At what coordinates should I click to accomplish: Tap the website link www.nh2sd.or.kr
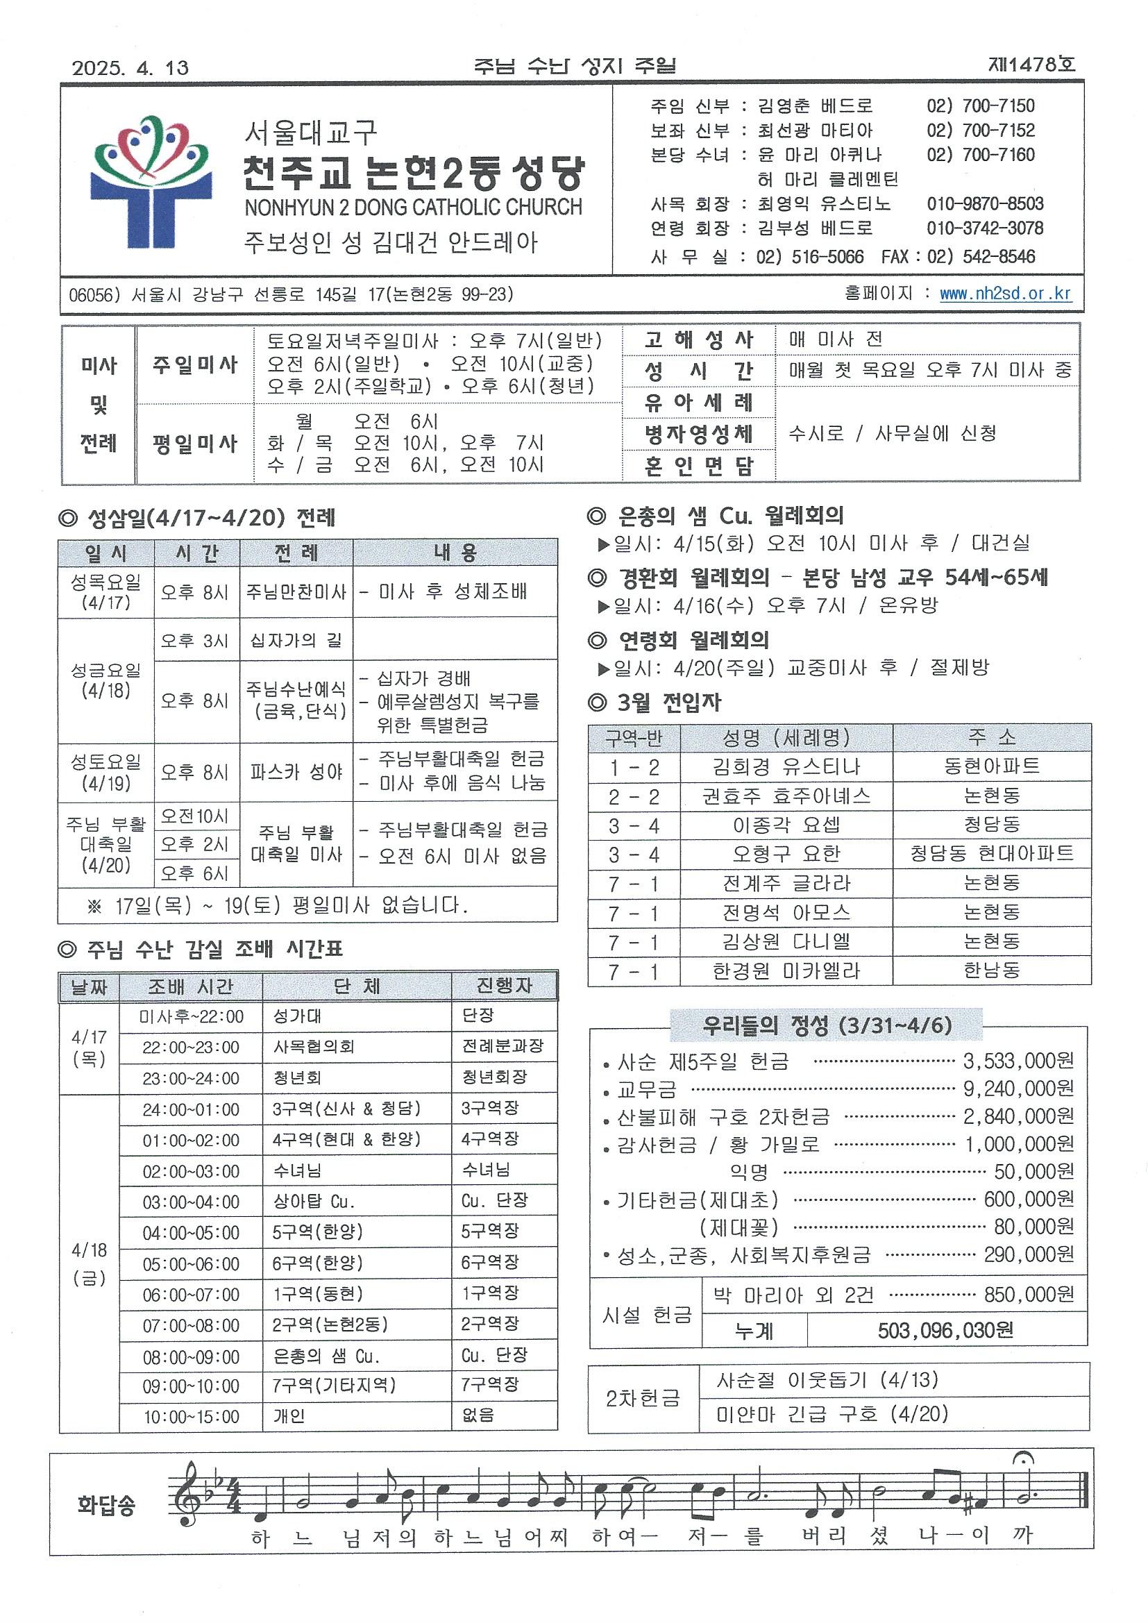click(x=1004, y=294)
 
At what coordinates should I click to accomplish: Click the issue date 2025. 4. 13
click(x=130, y=68)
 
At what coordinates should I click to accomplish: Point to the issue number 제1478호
click(x=1031, y=65)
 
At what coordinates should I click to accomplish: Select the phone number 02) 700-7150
click(x=981, y=106)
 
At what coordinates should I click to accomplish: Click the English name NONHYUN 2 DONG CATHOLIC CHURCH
click(x=413, y=207)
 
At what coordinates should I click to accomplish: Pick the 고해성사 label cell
click(x=698, y=340)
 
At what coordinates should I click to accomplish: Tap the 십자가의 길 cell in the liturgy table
click(x=296, y=641)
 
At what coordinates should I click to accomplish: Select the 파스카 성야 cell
click(x=296, y=771)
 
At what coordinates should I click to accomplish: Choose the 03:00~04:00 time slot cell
click(x=191, y=1202)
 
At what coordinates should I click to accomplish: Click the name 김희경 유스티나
click(x=786, y=767)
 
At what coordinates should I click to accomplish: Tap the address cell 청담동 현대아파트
click(x=991, y=854)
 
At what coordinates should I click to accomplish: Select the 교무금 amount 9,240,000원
click(x=1018, y=1088)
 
